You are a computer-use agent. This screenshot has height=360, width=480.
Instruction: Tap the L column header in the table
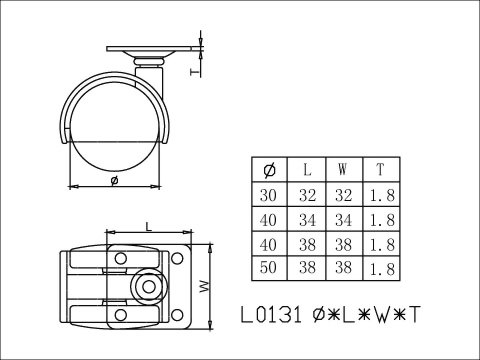(305, 168)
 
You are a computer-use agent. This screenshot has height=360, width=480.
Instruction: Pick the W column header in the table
(343, 168)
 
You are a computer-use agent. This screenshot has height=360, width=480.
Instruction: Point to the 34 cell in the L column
(305, 218)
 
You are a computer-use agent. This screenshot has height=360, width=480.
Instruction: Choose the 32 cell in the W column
(343, 193)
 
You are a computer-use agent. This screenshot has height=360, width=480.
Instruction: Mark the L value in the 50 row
(305, 267)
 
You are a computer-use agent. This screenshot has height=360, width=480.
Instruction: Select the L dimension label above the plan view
(147, 227)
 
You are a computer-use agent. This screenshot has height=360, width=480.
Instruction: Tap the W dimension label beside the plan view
(204, 287)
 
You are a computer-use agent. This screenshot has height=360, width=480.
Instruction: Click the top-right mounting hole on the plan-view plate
(178, 259)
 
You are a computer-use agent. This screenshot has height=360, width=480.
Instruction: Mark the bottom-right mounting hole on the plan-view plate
(178, 314)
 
